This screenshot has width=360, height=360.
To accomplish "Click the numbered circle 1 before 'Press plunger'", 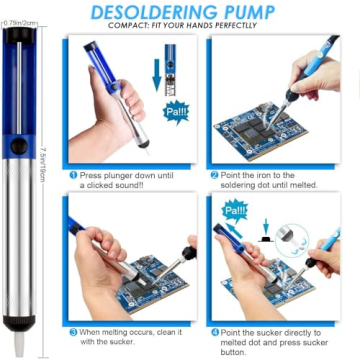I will coord(73,174).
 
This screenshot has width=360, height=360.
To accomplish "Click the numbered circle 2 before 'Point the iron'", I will coord(215,174).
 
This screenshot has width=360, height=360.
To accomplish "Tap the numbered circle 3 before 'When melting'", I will coord(73,331).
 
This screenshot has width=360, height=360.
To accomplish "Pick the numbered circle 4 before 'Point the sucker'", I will coord(215,331).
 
